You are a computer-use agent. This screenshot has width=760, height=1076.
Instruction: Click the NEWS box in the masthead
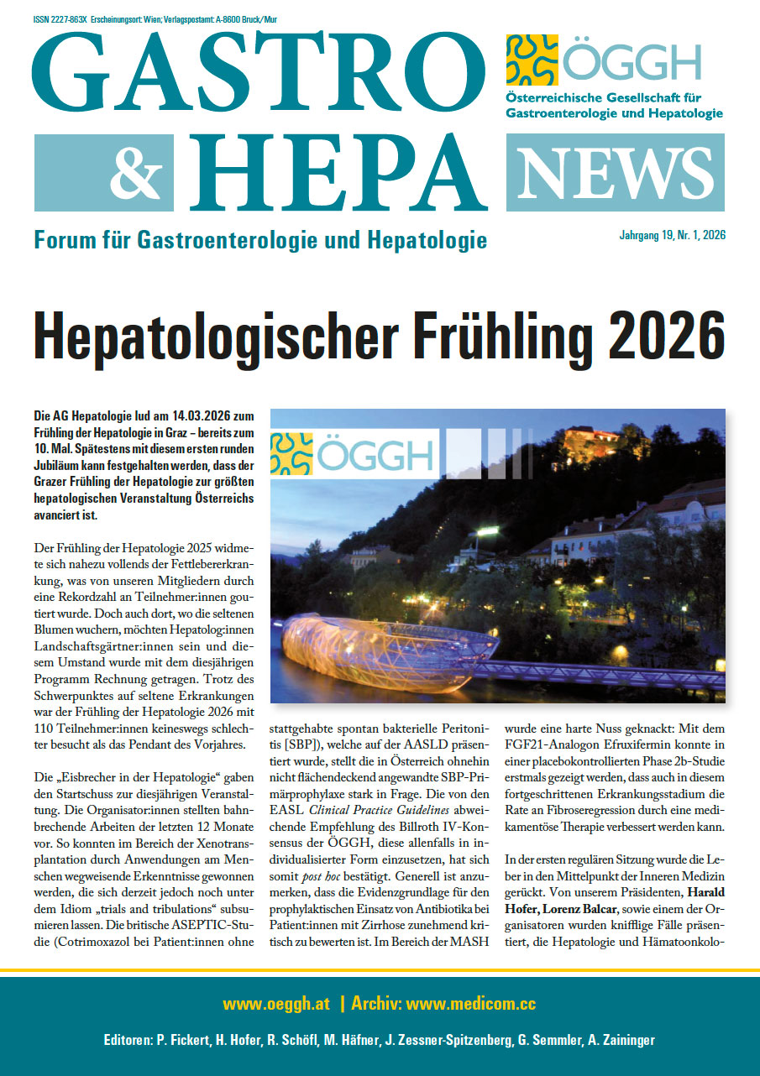(615, 172)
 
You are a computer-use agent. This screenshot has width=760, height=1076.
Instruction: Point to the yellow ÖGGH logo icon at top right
(532, 60)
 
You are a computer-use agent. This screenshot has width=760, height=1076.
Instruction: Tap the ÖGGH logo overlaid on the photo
(353, 453)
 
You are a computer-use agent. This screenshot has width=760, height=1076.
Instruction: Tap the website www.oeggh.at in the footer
(276, 1004)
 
